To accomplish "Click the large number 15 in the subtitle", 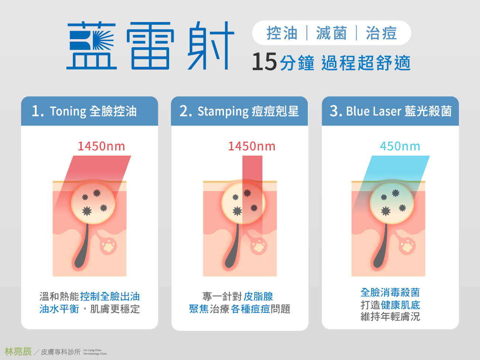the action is tap(264, 62).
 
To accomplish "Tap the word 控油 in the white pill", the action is tap(282, 33).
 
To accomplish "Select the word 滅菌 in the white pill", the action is tap(332, 33).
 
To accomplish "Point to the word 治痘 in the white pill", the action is tap(381, 33).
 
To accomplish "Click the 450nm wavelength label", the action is tap(400, 146).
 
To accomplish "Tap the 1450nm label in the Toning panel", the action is tap(102, 146).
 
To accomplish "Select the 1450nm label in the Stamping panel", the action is tap(252, 146).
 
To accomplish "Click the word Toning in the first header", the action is tap(68, 112).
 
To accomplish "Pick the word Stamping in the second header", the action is tap(223, 112).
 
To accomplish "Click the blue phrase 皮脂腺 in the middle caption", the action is tap(258, 296).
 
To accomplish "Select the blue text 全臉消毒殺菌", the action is tap(390, 292).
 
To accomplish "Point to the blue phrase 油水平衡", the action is tap(59, 309).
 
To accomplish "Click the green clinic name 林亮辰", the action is tap(18, 352).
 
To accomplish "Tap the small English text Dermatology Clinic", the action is tap(95, 354).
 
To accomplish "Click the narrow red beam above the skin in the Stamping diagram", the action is tap(252, 168).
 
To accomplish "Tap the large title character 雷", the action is tap(150, 46).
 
